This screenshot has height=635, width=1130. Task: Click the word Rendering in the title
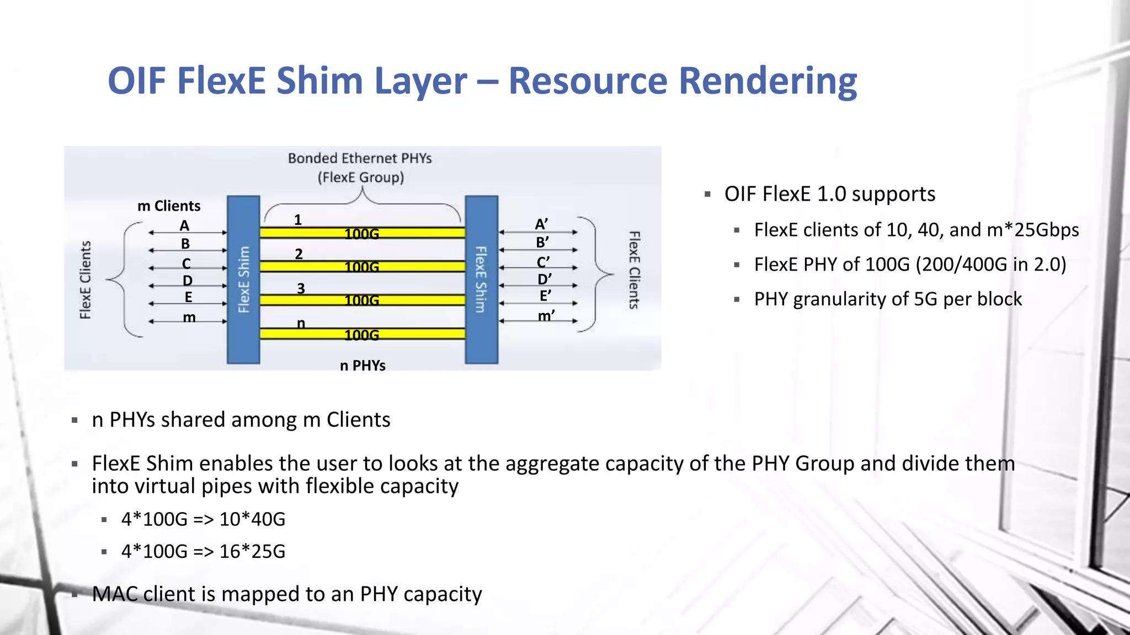tap(767, 81)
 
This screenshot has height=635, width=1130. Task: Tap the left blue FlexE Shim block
tap(243, 279)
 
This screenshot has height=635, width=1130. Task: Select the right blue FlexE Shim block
tap(481, 279)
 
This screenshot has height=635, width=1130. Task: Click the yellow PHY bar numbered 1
tap(362, 233)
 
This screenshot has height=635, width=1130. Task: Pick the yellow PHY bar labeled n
tap(362, 333)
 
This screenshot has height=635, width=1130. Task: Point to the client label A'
tap(541, 224)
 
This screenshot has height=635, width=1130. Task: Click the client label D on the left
tap(188, 281)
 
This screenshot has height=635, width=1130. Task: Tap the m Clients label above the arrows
tap(169, 206)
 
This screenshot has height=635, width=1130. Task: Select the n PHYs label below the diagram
tap(363, 365)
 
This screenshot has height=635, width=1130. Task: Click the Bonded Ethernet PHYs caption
tap(360, 159)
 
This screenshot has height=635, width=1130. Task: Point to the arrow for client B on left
tap(188, 251)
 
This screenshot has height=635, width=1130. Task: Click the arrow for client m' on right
tap(539, 321)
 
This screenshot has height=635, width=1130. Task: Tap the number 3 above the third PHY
tap(301, 289)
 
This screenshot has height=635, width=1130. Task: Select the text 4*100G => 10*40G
tap(203, 519)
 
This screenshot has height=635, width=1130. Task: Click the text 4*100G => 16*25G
tap(203, 551)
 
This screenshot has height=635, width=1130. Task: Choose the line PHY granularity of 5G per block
tap(888, 299)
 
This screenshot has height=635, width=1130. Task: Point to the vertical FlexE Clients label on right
tap(634, 270)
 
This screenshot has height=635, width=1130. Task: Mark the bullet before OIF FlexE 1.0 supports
tap(708, 195)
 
